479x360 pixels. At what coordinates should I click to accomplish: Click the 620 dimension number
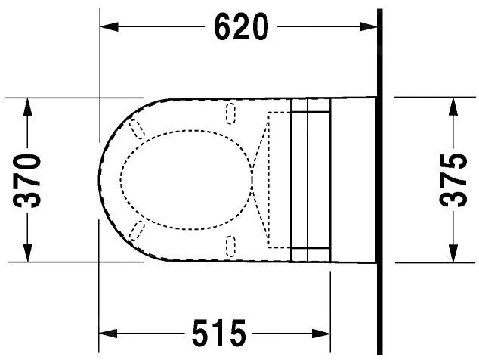[x=241, y=27]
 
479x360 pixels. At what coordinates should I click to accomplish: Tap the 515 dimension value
[x=219, y=332]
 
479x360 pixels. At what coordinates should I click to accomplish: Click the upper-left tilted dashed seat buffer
[x=138, y=129]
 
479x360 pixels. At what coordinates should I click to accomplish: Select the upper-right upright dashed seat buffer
[x=231, y=114]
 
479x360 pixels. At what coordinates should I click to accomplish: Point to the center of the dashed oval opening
[x=185, y=179]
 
